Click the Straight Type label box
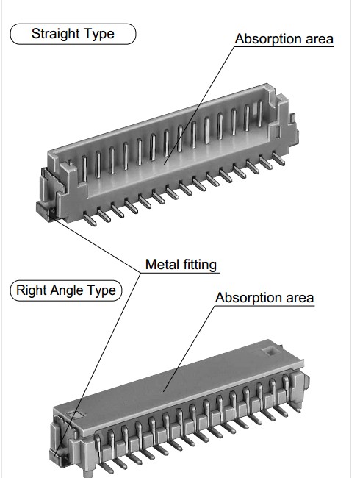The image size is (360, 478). point(73,34)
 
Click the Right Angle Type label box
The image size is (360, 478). point(66,290)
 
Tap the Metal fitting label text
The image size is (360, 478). point(181,265)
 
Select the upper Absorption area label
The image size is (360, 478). point(284,39)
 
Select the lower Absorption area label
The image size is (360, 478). point(264,298)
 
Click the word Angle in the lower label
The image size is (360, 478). point(68,290)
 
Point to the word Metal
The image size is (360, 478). point(162,264)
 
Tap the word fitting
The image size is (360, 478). point(200,265)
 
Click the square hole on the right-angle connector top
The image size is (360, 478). point(270,352)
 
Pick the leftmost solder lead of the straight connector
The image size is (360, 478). point(90,219)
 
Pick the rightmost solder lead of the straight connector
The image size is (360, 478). point(278,159)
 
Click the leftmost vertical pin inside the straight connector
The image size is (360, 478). point(84,169)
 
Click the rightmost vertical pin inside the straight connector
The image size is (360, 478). point(260,114)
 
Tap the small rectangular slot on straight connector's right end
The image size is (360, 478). point(278,132)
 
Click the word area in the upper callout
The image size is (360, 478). point(320,39)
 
